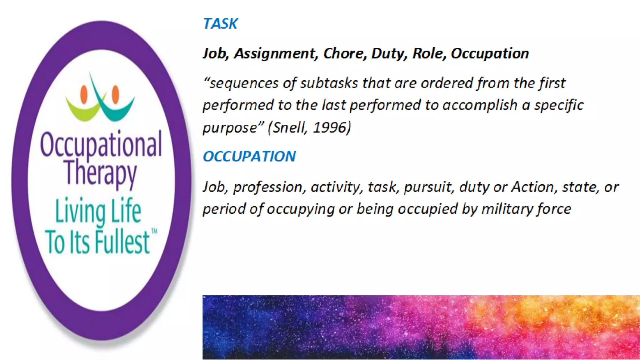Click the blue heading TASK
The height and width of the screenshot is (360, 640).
220,24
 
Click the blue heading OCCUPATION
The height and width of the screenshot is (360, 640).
249,156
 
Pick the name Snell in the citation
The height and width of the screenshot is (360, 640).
290,127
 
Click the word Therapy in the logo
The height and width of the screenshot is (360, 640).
101,173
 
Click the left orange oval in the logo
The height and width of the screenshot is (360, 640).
84,94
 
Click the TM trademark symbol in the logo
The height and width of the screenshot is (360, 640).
154,231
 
